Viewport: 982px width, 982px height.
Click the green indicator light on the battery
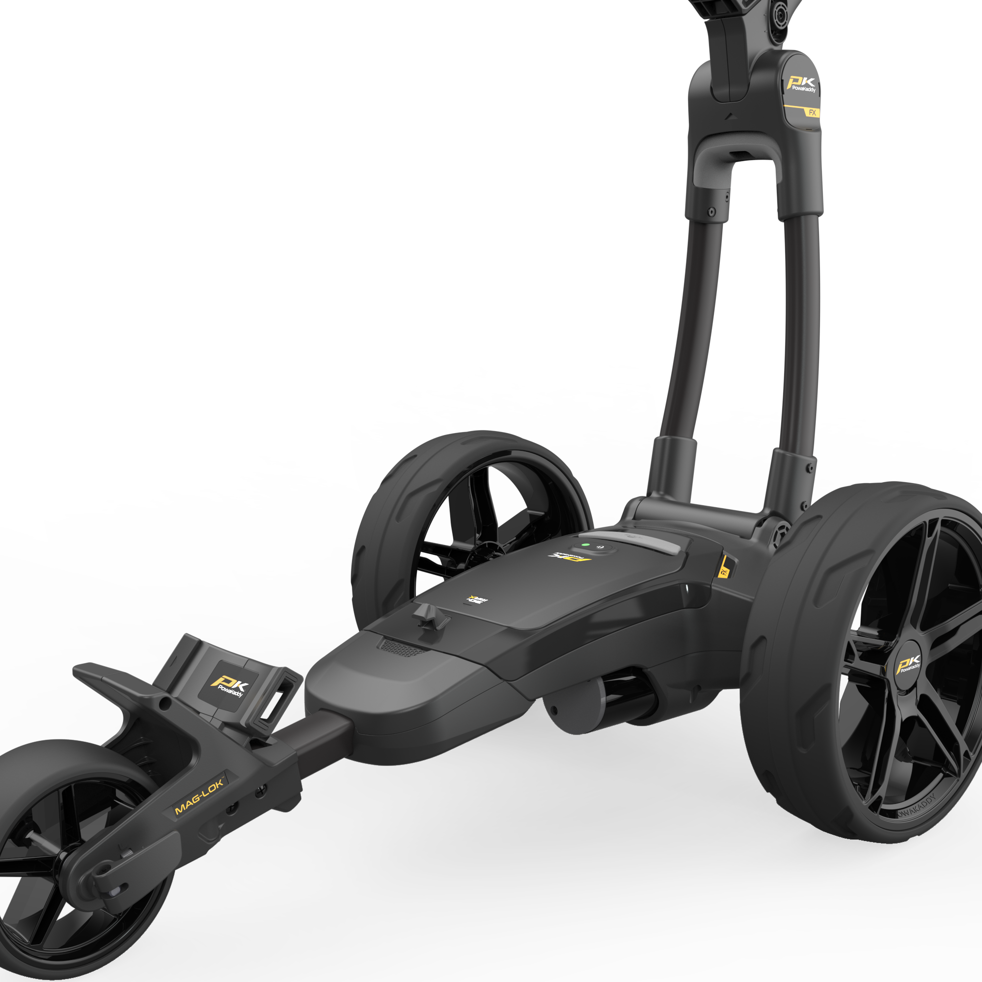click(x=586, y=545)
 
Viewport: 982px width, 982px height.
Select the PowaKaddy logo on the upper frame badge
click(x=802, y=84)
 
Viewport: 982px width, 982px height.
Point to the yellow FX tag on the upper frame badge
click(x=812, y=113)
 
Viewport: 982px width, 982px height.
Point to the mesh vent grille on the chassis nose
click(x=400, y=648)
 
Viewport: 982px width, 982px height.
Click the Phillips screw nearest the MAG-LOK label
click(x=263, y=790)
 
